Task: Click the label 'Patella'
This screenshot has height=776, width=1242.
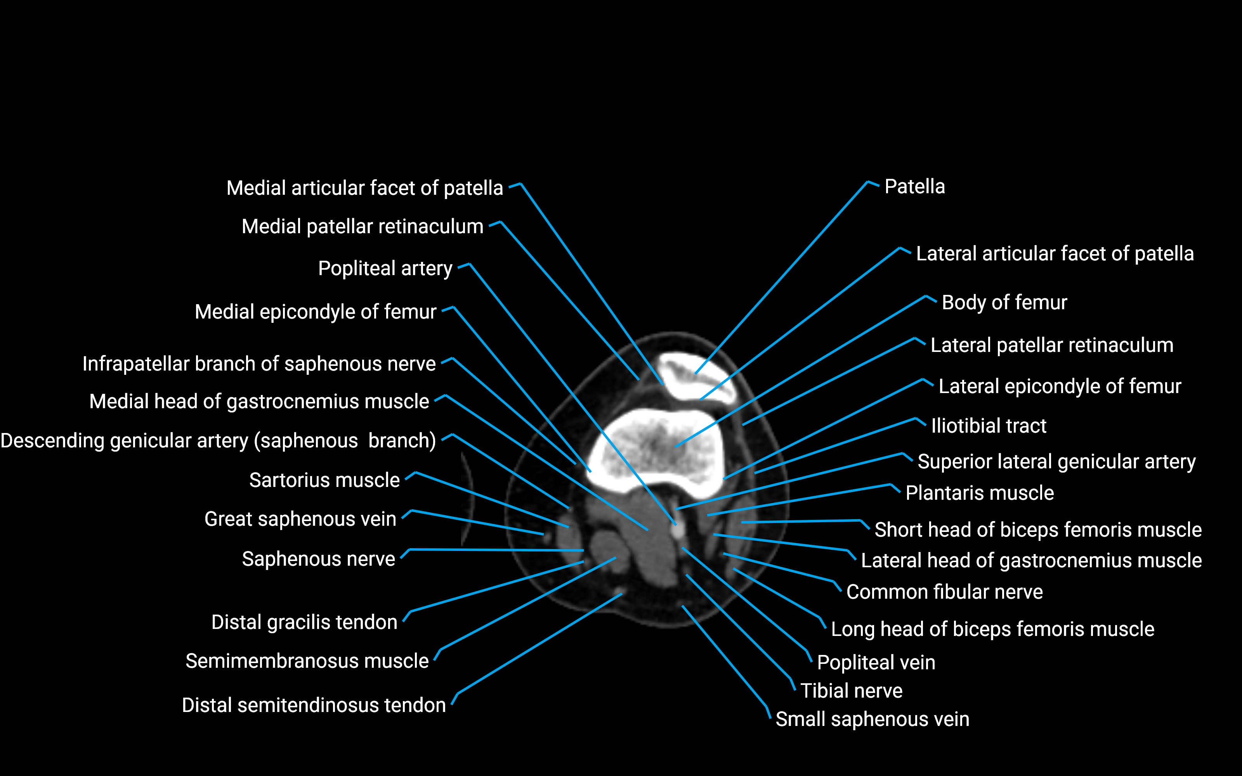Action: [914, 187]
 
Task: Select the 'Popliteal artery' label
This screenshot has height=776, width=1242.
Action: [385, 268]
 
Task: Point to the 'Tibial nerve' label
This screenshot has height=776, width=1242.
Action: [851, 691]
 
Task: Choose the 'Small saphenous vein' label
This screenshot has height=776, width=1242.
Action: [872, 719]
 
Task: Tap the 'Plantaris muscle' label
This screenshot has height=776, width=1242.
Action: [979, 493]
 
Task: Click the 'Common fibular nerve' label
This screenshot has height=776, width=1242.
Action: [944, 592]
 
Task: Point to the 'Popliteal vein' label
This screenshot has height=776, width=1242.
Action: [876, 663]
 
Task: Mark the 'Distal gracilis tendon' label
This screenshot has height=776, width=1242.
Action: [304, 622]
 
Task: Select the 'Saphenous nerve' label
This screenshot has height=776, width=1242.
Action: [318, 559]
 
